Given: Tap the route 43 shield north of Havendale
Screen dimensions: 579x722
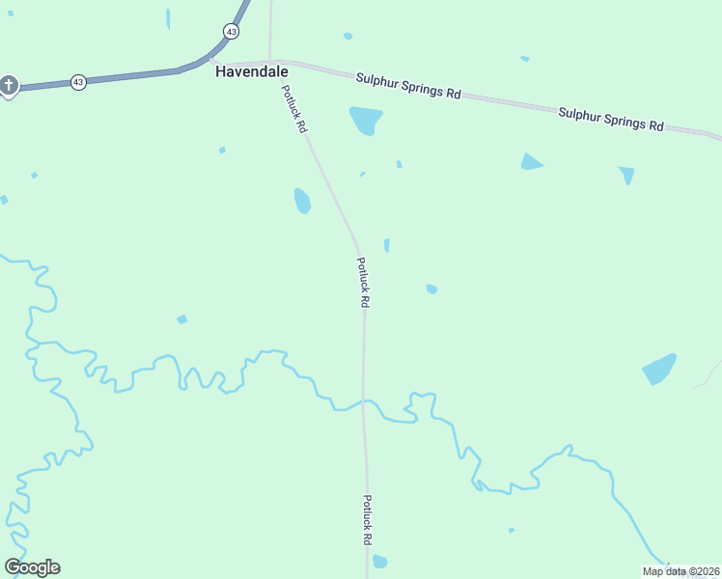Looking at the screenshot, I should coord(230,32).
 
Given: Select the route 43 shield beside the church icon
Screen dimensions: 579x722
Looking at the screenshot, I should coord(78,82).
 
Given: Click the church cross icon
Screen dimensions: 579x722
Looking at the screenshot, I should coord(9,86).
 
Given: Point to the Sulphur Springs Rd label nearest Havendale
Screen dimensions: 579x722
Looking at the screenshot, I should coord(408,85).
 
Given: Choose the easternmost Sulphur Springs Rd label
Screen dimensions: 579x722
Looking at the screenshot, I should coord(612,119).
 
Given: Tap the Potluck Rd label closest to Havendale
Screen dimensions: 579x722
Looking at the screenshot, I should coord(294,109).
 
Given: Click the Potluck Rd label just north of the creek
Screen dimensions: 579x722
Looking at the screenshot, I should coord(363,282).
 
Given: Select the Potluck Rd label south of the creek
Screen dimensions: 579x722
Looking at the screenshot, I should coord(368,520).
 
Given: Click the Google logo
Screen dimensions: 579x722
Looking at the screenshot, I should coord(33,567).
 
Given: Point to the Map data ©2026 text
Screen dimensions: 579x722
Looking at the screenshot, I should coord(680,571).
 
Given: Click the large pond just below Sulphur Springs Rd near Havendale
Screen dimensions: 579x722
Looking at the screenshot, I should coord(366,121).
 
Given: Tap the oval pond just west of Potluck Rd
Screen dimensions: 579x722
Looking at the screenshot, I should coord(302,201).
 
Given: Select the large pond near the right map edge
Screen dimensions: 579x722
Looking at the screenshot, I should coord(659,369).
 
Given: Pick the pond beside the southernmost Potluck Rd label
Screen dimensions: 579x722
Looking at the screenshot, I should coord(380,562).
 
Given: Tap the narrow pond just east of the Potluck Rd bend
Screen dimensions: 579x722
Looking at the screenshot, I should coord(387,245).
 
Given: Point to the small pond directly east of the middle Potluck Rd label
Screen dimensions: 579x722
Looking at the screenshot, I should coord(431,289).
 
